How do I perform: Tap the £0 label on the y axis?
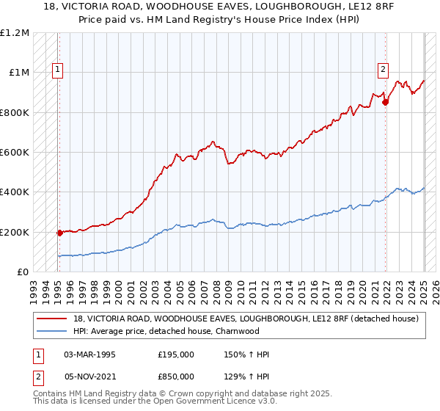click(x=22, y=272)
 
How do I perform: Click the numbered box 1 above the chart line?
click(x=58, y=70)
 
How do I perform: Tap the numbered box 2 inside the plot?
click(x=383, y=70)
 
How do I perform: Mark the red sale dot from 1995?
click(x=59, y=233)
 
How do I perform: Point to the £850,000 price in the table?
click(x=176, y=376)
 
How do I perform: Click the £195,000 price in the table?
click(x=176, y=355)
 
